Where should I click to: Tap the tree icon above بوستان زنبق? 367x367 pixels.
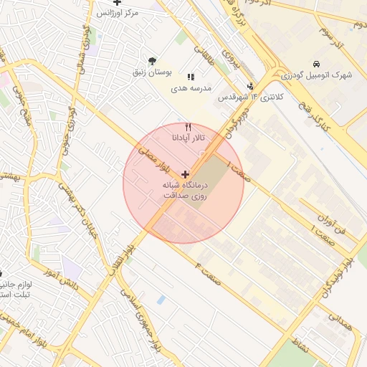pos(151,60)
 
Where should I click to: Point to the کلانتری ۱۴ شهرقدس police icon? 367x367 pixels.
pos(250,87)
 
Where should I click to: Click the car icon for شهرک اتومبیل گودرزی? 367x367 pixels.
pos(317,63)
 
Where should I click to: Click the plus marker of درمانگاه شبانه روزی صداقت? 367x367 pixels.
pos(186,174)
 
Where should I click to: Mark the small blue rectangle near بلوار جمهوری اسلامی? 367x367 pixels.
pos(161,300)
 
